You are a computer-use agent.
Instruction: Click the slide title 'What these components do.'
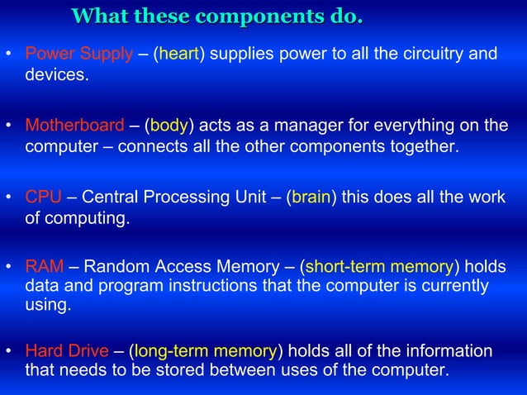(217, 17)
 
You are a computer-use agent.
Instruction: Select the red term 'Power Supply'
(78, 55)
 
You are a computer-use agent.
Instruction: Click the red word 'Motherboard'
(74, 126)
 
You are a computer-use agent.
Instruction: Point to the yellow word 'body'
(169, 126)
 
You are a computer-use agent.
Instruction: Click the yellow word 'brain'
(311, 198)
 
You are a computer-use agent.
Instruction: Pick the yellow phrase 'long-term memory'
(206, 351)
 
